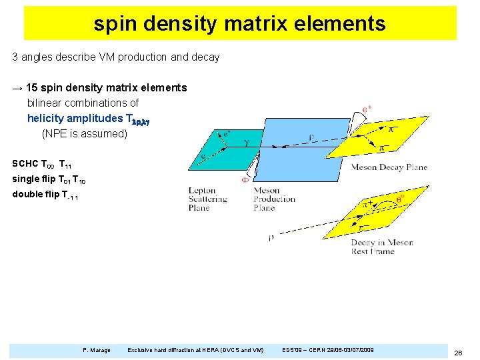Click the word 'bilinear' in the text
(x=45, y=103)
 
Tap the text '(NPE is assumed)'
(x=84, y=133)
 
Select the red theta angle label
(x=400, y=198)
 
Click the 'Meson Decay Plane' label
(x=389, y=167)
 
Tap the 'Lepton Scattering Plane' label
(x=207, y=199)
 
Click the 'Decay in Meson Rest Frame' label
(x=382, y=247)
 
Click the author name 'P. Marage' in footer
(x=97, y=349)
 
